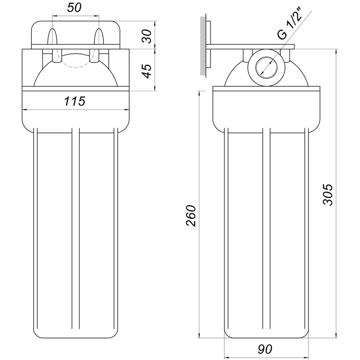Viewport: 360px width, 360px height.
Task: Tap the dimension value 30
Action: pos(147,37)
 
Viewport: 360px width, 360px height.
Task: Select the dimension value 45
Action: pos(147,71)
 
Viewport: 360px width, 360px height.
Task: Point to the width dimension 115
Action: pos(75,102)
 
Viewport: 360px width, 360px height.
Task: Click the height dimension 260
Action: pos(192,216)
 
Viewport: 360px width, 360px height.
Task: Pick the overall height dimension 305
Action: pos(328,194)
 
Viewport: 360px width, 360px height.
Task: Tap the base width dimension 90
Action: pos(265,349)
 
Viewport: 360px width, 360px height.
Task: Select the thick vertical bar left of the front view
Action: pos(20,86)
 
